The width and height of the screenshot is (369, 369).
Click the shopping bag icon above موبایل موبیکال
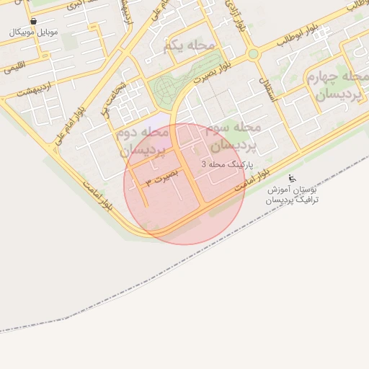34,22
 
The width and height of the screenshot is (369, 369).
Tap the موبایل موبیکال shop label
34,32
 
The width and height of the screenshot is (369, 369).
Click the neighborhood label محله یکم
190,46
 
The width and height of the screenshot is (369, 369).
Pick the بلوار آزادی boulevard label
232,14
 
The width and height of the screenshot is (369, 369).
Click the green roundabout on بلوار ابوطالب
252,54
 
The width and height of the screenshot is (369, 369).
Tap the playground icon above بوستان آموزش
291,178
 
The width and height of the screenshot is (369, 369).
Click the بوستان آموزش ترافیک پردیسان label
292,194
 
